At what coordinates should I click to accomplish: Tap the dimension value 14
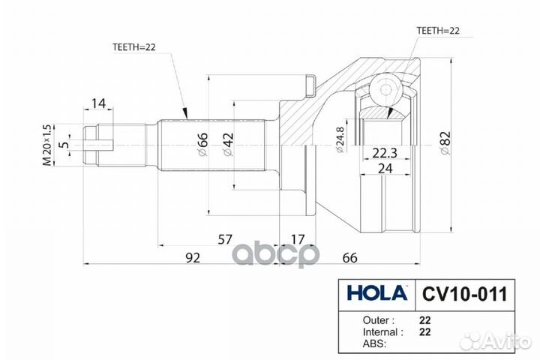[98, 103]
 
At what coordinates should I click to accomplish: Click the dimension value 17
[298, 239]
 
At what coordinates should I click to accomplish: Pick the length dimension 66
[350, 258]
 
